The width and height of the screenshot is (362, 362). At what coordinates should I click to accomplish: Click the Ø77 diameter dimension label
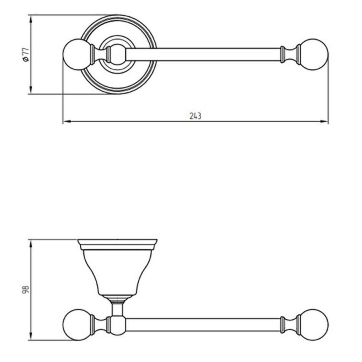point(26,55)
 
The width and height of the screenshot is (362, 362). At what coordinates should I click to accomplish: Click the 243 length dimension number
point(195,115)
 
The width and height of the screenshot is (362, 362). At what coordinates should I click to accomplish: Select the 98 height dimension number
point(25,289)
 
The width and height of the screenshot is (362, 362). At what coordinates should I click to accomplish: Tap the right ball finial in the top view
point(314,55)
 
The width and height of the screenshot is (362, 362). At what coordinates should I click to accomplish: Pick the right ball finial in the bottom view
point(314,324)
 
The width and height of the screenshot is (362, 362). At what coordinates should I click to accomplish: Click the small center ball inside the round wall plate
point(117,55)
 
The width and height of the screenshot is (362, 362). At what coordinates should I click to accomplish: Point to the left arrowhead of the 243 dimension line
point(66,121)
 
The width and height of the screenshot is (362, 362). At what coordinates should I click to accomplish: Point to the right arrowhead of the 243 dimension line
point(324,121)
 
